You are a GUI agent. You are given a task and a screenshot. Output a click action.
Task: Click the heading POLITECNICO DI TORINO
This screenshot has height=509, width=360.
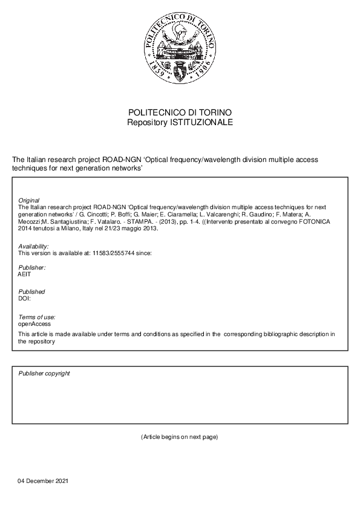[180, 113]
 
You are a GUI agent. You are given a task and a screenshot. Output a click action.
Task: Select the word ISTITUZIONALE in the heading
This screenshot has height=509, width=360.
[203, 122]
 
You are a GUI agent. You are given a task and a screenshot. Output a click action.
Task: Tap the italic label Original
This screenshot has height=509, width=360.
[29, 200]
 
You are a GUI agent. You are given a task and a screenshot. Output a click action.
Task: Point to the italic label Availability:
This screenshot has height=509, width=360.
[34, 247]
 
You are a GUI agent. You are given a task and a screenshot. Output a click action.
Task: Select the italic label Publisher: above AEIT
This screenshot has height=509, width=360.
[32, 267]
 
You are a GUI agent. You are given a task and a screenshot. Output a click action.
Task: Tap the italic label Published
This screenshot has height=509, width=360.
[32, 291]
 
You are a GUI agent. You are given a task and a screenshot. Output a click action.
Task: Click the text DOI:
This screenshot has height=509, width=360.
[25, 298]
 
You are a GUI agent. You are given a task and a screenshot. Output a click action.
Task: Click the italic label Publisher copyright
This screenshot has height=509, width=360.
[44, 373]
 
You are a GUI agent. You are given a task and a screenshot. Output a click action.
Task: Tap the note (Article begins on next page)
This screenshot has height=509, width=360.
[179, 436]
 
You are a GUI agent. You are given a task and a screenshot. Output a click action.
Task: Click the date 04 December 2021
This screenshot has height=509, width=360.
[43, 481]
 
